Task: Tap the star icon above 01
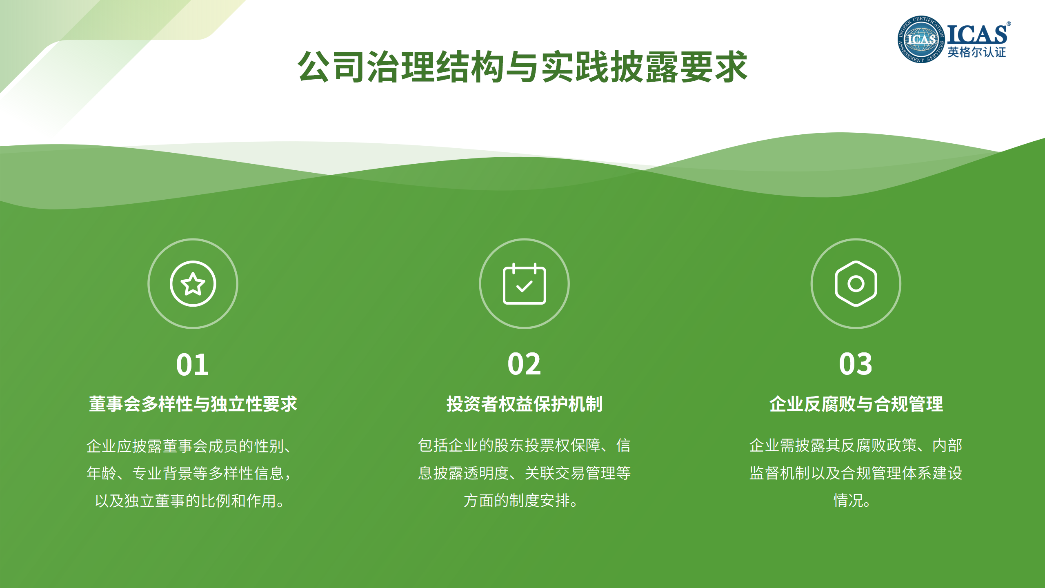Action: click(x=193, y=283)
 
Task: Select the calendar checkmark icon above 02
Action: click(x=524, y=283)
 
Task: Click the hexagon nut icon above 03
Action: click(x=856, y=283)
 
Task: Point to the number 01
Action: click(x=192, y=365)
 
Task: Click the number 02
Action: click(x=524, y=364)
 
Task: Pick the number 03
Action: click(x=856, y=364)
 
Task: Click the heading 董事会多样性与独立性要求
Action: click(x=193, y=404)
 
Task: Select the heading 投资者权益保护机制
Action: click(x=524, y=404)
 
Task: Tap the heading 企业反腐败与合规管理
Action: click(x=856, y=404)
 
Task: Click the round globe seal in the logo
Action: click(x=921, y=40)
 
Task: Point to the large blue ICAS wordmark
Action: click(x=977, y=34)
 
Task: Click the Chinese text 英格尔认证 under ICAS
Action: click(x=976, y=52)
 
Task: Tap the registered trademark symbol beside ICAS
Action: click(x=1009, y=24)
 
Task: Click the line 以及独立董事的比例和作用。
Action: click(x=190, y=501)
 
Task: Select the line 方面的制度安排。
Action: click(x=521, y=500)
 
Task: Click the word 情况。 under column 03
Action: click(x=852, y=500)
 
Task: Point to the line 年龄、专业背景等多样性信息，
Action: click(x=189, y=473)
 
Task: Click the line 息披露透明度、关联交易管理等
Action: click(x=525, y=473)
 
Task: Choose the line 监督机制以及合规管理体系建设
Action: click(x=856, y=473)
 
